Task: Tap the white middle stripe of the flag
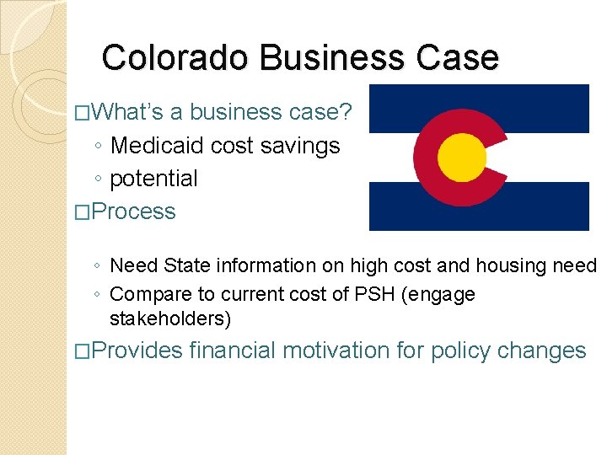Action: (540, 157)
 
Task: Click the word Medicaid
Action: (158, 146)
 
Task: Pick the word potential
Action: (154, 179)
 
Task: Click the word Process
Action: (134, 211)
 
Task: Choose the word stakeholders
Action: (170, 319)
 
